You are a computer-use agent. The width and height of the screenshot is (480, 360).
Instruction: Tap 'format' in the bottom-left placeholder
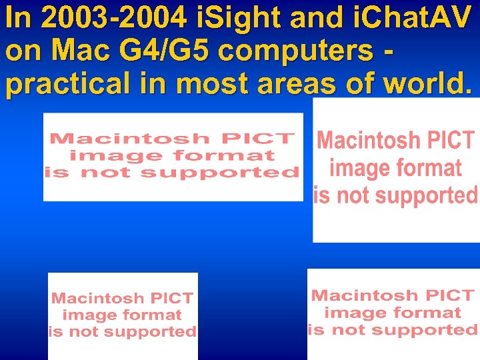click(153, 315)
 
